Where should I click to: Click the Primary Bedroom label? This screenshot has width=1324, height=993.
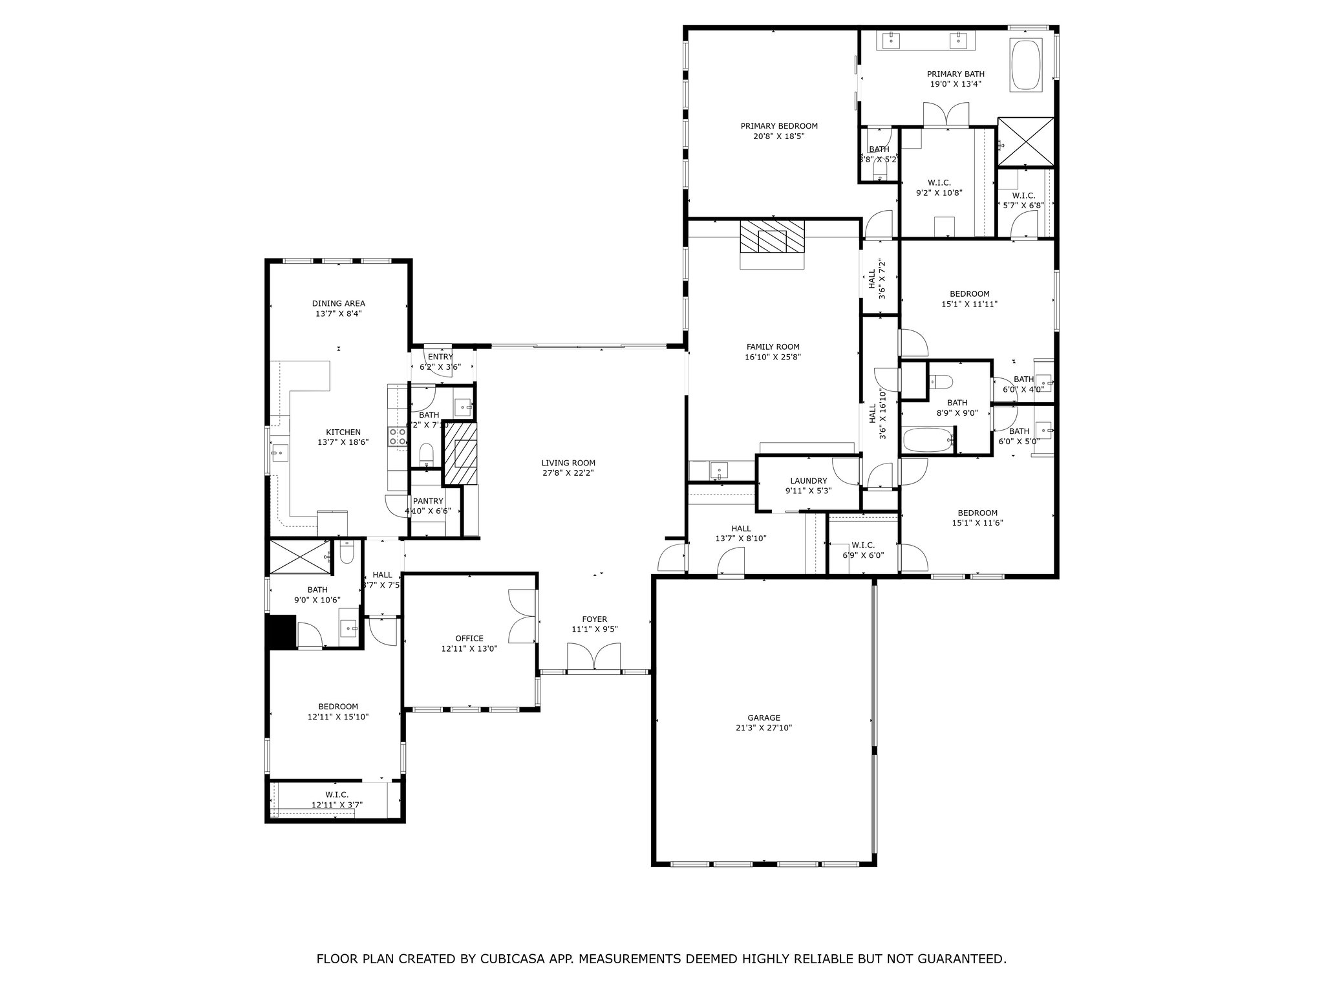pyautogui.click(x=779, y=126)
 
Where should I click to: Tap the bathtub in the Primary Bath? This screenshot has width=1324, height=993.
pyautogui.click(x=1026, y=65)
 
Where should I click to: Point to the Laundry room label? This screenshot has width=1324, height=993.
pyautogui.click(x=808, y=481)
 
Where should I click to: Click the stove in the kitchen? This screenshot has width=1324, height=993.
pyautogui.click(x=397, y=436)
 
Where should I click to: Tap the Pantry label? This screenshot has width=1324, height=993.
pyautogui.click(x=428, y=501)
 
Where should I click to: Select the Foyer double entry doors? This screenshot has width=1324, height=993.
pyautogui.click(x=594, y=658)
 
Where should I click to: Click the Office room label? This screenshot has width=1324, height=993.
pyautogui.click(x=469, y=639)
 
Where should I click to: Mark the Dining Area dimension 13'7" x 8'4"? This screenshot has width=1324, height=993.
pyautogui.click(x=338, y=314)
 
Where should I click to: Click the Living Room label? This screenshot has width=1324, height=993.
pyautogui.click(x=568, y=463)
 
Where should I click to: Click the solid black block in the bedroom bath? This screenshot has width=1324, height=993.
pyautogui.click(x=281, y=631)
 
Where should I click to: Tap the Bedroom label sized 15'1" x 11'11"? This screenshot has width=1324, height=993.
pyautogui.click(x=969, y=294)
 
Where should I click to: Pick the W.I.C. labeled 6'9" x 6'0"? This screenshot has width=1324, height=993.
pyautogui.click(x=863, y=545)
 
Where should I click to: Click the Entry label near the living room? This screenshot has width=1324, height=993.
pyautogui.click(x=440, y=357)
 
